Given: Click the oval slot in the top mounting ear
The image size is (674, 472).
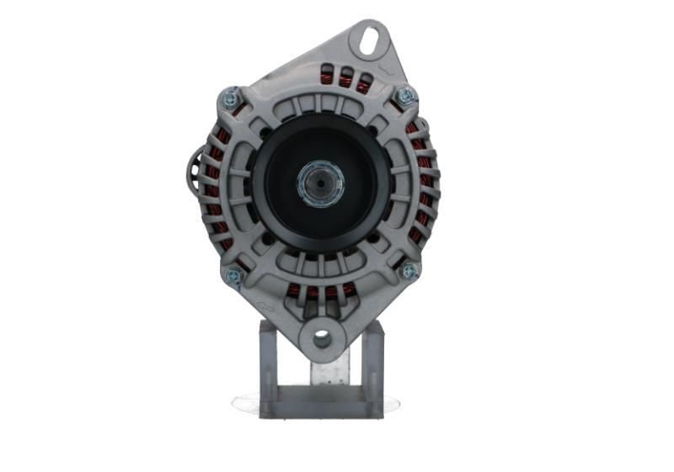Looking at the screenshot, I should [368, 39].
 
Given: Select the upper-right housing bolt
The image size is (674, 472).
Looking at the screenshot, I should [406, 95].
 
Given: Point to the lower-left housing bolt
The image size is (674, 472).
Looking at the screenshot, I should [233, 274].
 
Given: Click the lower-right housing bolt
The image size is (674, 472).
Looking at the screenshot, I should [409, 270].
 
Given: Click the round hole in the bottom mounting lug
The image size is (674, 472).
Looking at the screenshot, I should [322, 338].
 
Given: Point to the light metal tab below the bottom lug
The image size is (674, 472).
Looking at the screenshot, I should [330, 370].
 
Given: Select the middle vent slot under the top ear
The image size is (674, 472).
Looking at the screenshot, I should [345, 78].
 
